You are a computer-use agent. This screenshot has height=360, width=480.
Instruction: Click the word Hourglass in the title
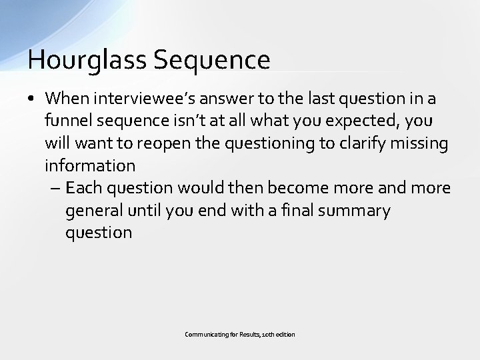(x=88, y=59)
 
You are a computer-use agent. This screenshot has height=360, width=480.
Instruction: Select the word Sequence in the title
(x=212, y=59)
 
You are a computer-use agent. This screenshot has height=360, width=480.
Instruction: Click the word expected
(x=341, y=121)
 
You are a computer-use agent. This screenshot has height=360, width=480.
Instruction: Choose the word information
(x=90, y=165)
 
